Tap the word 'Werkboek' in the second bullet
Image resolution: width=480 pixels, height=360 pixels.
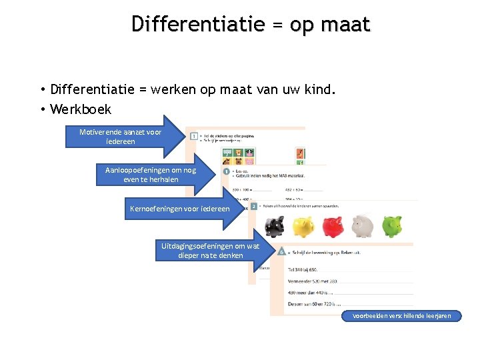pyautogui.click(x=81, y=109)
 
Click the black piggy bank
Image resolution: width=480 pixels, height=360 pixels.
pyautogui.click(x=274, y=227)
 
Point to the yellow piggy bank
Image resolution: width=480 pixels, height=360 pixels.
pyautogui.click(x=303, y=227)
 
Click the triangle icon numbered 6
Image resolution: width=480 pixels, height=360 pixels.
pyautogui.click(x=283, y=252)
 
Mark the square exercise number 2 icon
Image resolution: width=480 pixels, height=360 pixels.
pyautogui.click(x=254, y=207)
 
